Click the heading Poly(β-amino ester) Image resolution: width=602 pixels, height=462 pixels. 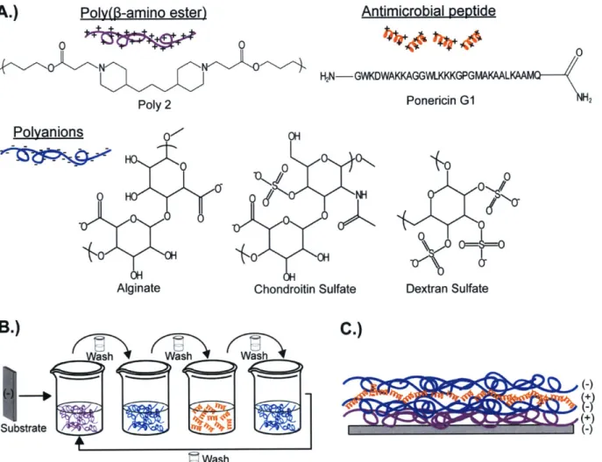143,12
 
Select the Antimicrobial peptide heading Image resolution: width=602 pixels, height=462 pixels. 428,11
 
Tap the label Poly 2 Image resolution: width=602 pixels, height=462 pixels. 154,105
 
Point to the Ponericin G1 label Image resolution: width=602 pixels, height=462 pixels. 441,101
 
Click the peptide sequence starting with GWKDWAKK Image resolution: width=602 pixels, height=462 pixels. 447,76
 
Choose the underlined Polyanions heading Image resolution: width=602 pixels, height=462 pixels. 48,132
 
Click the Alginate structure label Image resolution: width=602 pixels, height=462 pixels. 138,288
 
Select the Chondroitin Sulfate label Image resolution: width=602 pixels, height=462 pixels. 305,289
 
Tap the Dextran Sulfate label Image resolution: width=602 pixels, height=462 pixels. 447,289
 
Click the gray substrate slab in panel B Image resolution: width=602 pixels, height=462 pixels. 10,394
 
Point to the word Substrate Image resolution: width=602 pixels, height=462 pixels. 24,428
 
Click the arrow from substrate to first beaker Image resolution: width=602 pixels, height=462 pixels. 34,395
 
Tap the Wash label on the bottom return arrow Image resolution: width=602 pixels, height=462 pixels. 216,458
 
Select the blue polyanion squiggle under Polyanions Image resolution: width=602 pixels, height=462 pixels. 56,155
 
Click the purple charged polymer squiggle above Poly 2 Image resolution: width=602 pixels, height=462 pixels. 140,38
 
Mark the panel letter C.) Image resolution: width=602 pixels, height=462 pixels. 351,330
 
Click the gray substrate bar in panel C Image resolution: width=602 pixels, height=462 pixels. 461,429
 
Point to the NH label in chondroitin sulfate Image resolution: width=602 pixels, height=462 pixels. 361,195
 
